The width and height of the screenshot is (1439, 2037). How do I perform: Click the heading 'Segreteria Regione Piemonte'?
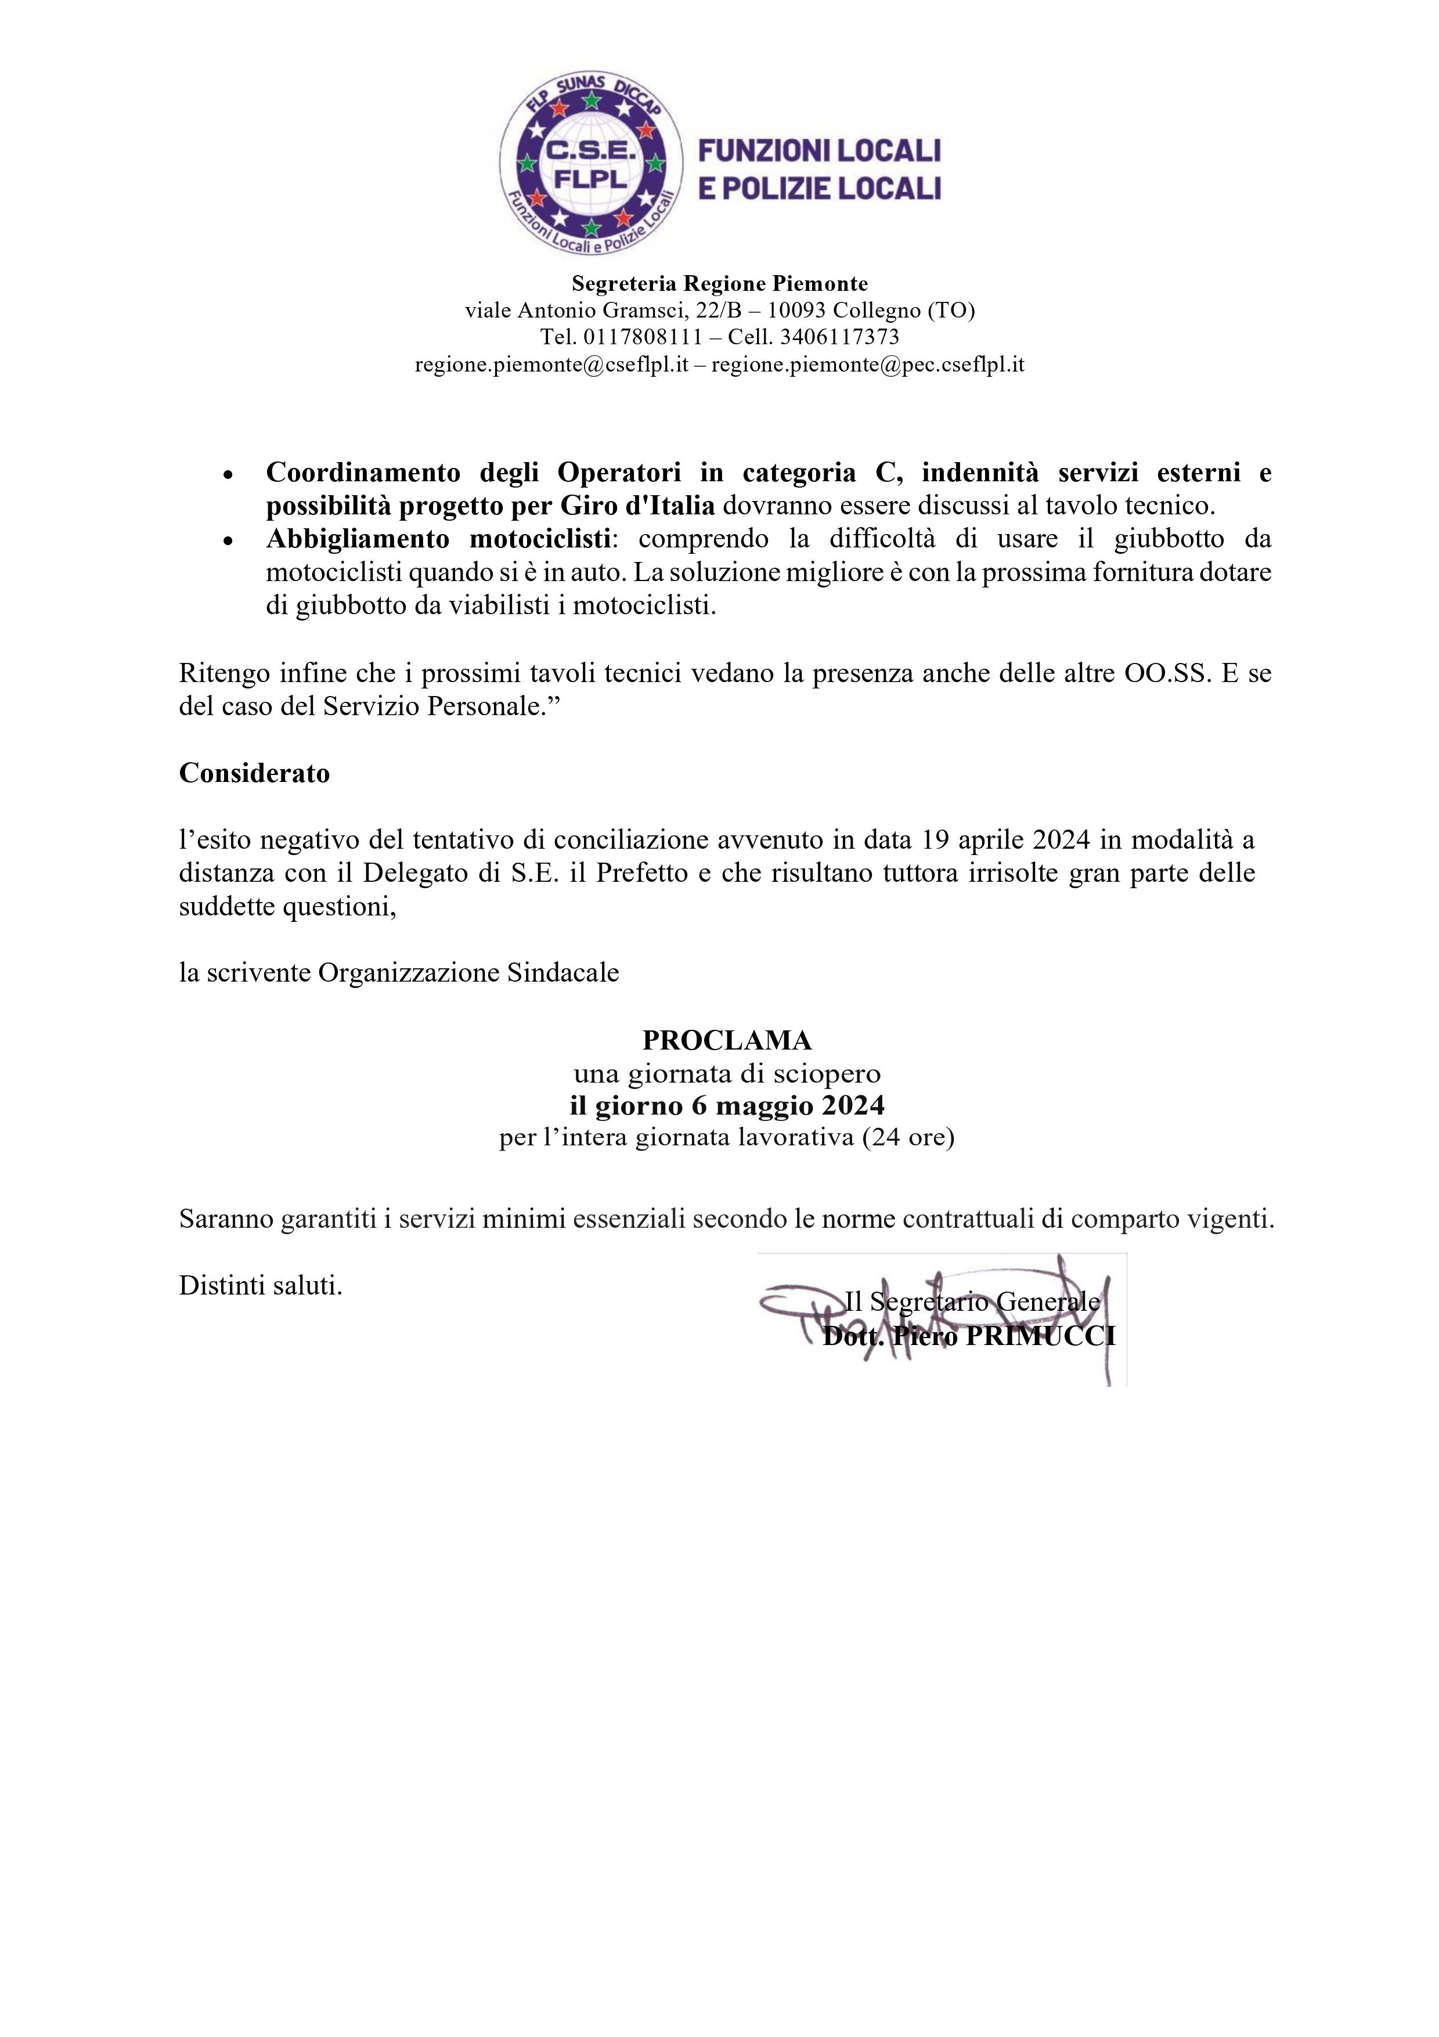(720, 284)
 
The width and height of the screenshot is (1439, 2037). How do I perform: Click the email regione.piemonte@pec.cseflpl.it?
(868, 365)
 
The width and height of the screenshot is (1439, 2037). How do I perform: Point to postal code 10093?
(796, 311)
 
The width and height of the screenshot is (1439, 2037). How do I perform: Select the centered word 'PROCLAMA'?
(727, 1039)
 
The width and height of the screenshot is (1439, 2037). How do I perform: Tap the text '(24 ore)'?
(908, 1137)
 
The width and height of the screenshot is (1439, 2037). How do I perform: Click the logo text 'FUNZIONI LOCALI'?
(820, 151)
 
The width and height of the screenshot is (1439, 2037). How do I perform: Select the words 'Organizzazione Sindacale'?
(468, 974)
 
